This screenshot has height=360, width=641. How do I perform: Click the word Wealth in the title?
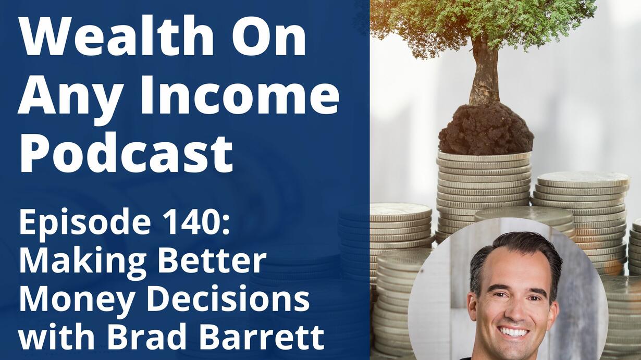click(x=116, y=35)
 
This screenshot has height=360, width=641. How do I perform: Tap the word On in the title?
click(x=268, y=36)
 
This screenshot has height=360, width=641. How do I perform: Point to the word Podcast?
click(x=126, y=153)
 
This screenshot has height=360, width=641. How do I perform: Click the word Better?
click(x=212, y=260)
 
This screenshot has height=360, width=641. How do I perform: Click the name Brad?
click(x=147, y=337)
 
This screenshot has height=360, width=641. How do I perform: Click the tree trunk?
click(x=485, y=75)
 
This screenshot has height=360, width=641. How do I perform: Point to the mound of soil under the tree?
click(x=486, y=130)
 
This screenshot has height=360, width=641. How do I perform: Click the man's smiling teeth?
click(x=514, y=332)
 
